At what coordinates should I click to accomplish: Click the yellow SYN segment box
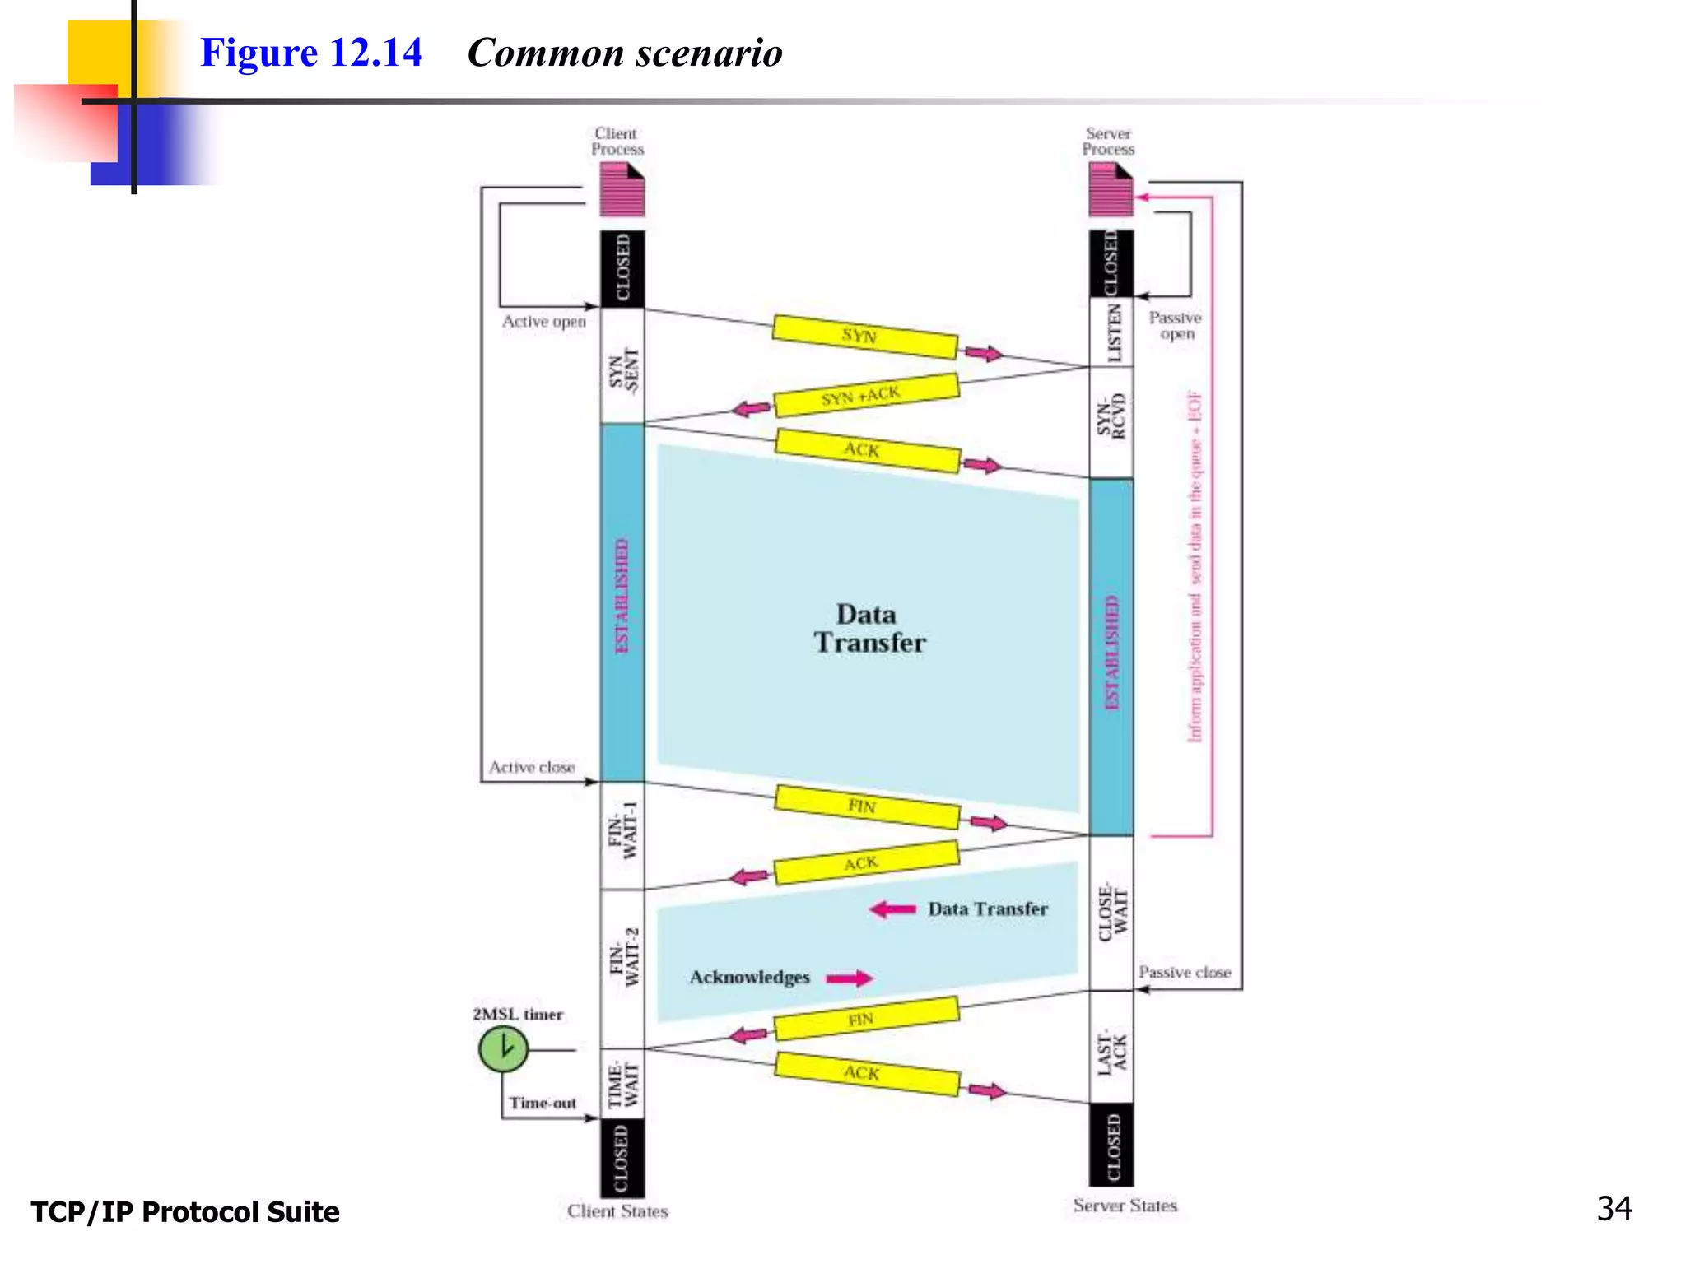(864, 337)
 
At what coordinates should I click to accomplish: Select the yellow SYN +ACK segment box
(866, 395)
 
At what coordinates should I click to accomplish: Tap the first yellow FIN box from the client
(867, 806)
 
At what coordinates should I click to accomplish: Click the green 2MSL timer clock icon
(503, 1049)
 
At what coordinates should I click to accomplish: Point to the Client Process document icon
(622, 189)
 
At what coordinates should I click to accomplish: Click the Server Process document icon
(1111, 189)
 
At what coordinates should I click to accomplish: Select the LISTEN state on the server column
(1111, 332)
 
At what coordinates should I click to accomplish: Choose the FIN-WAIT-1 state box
(622, 834)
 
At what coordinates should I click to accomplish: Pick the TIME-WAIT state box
(622, 1085)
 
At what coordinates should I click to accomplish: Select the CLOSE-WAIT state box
(1111, 912)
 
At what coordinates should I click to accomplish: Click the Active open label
(544, 322)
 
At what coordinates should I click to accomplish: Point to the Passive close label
(1184, 972)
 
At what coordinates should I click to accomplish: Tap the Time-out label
(542, 1103)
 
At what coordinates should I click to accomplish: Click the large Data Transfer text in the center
(869, 629)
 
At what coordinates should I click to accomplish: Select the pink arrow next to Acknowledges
(849, 978)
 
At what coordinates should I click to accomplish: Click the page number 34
(1614, 1209)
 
